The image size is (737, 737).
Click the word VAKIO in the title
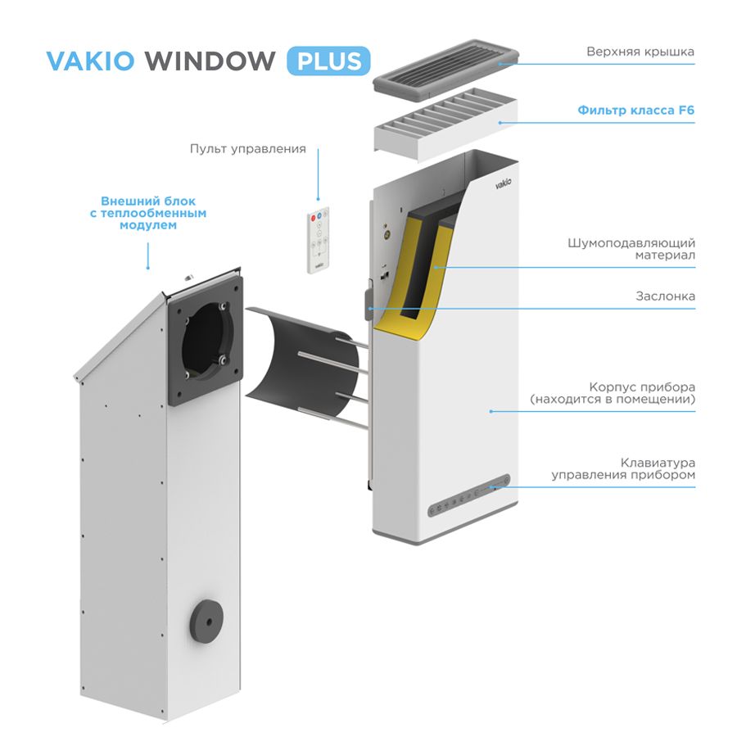[x=90, y=61]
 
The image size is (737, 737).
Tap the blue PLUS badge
[x=328, y=61]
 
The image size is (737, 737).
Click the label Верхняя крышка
[x=640, y=52]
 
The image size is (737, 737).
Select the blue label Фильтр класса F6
[x=636, y=110]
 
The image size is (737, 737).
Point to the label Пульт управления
[x=247, y=149]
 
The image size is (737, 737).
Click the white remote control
[x=319, y=240]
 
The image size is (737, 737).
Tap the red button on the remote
[x=314, y=218]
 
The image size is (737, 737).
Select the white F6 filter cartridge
[x=445, y=124]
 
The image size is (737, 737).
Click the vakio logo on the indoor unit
[x=503, y=183]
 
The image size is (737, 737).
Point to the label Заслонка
[x=665, y=296]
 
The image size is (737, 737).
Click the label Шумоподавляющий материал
[x=631, y=249]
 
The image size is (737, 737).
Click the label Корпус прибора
[x=642, y=387]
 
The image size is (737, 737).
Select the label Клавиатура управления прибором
[x=623, y=468]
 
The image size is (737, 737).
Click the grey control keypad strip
[x=468, y=495]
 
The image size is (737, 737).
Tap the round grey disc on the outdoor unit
[x=206, y=622]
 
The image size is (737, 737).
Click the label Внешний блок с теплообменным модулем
[x=148, y=213]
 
